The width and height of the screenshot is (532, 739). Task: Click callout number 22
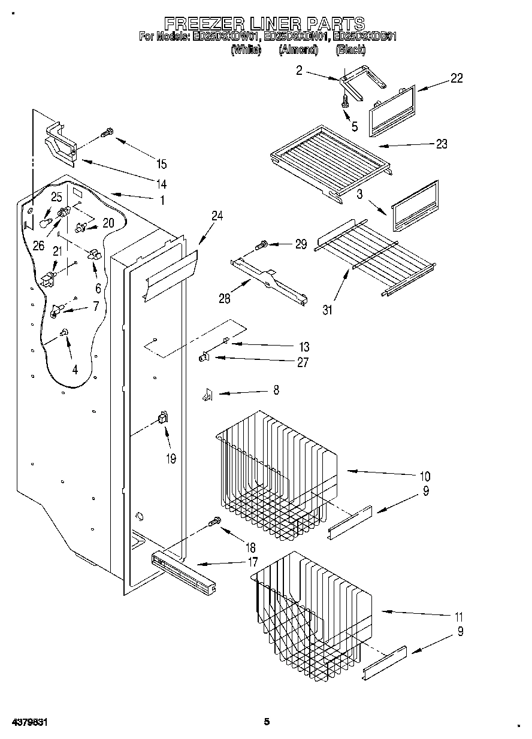coord(456,78)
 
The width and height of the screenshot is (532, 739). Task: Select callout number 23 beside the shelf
coord(442,144)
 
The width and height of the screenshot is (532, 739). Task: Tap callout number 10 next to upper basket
coord(424,477)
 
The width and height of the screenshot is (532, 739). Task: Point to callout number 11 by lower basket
coord(458,616)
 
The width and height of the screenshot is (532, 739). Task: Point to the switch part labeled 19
coord(162,418)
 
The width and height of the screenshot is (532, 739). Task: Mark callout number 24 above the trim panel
coord(216,217)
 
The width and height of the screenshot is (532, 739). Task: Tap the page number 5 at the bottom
coord(267,722)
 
